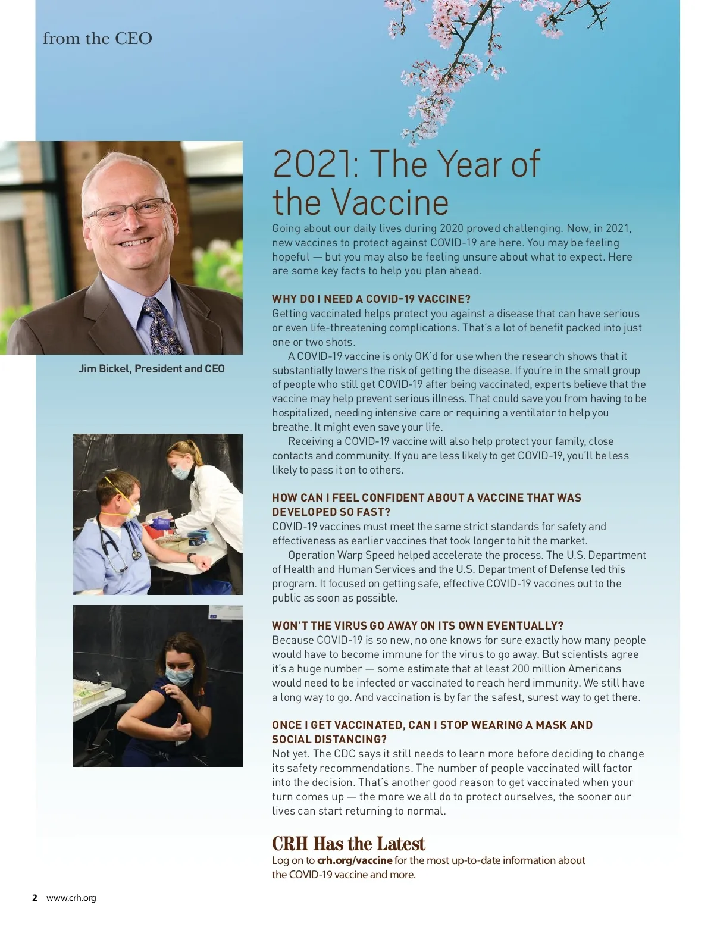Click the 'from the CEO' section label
click(98, 39)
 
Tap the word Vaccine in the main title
click(390, 202)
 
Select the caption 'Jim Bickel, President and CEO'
click(152, 369)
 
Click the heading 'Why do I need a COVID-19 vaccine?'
click(371, 299)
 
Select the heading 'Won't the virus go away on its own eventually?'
click(418, 625)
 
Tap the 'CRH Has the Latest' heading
click(349, 844)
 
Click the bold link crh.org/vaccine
click(355, 860)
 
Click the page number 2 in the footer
click(35, 898)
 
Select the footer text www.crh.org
click(71, 898)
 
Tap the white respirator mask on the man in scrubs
click(130, 509)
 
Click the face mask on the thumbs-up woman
click(180, 677)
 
